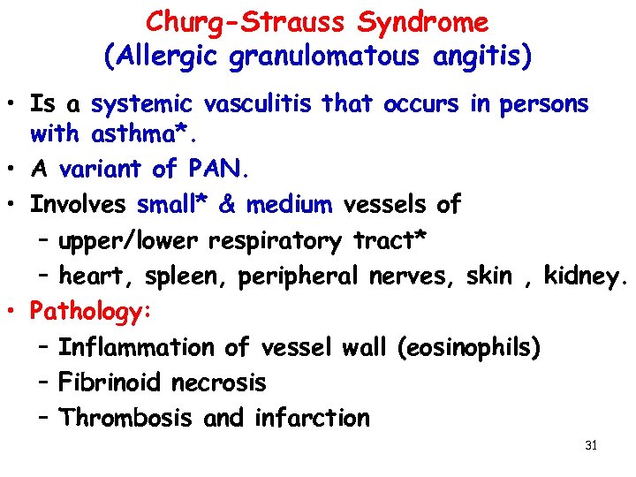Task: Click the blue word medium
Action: pyautogui.click(x=289, y=205)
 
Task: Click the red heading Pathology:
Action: pyautogui.click(x=92, y=312)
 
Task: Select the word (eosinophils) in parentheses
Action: pyautogui.click(x=468, y=347)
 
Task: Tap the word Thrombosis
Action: pyautogui.click(x=126, y=418)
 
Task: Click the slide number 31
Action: pyautogui.click(x=591, y=445)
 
